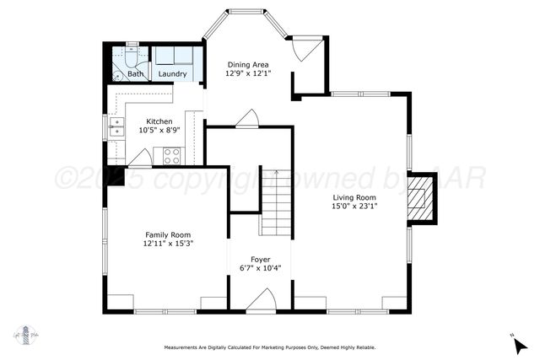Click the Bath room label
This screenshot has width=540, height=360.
[135, 74]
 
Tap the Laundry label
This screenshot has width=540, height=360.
[172, 74]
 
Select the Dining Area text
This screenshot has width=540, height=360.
[247, 63]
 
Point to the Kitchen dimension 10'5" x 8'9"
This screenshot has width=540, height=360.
[160, 130]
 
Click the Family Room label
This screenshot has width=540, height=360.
[168, 234]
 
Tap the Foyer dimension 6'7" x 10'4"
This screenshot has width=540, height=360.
[261, 268]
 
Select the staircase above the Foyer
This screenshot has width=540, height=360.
[274, 203]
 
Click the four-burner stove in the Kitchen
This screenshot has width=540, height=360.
[171, 155]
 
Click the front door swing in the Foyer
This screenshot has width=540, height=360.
[262, 301]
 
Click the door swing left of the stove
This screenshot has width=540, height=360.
[141, 157]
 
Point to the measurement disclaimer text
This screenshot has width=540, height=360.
[269, 347]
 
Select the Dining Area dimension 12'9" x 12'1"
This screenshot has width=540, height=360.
[247, 73]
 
